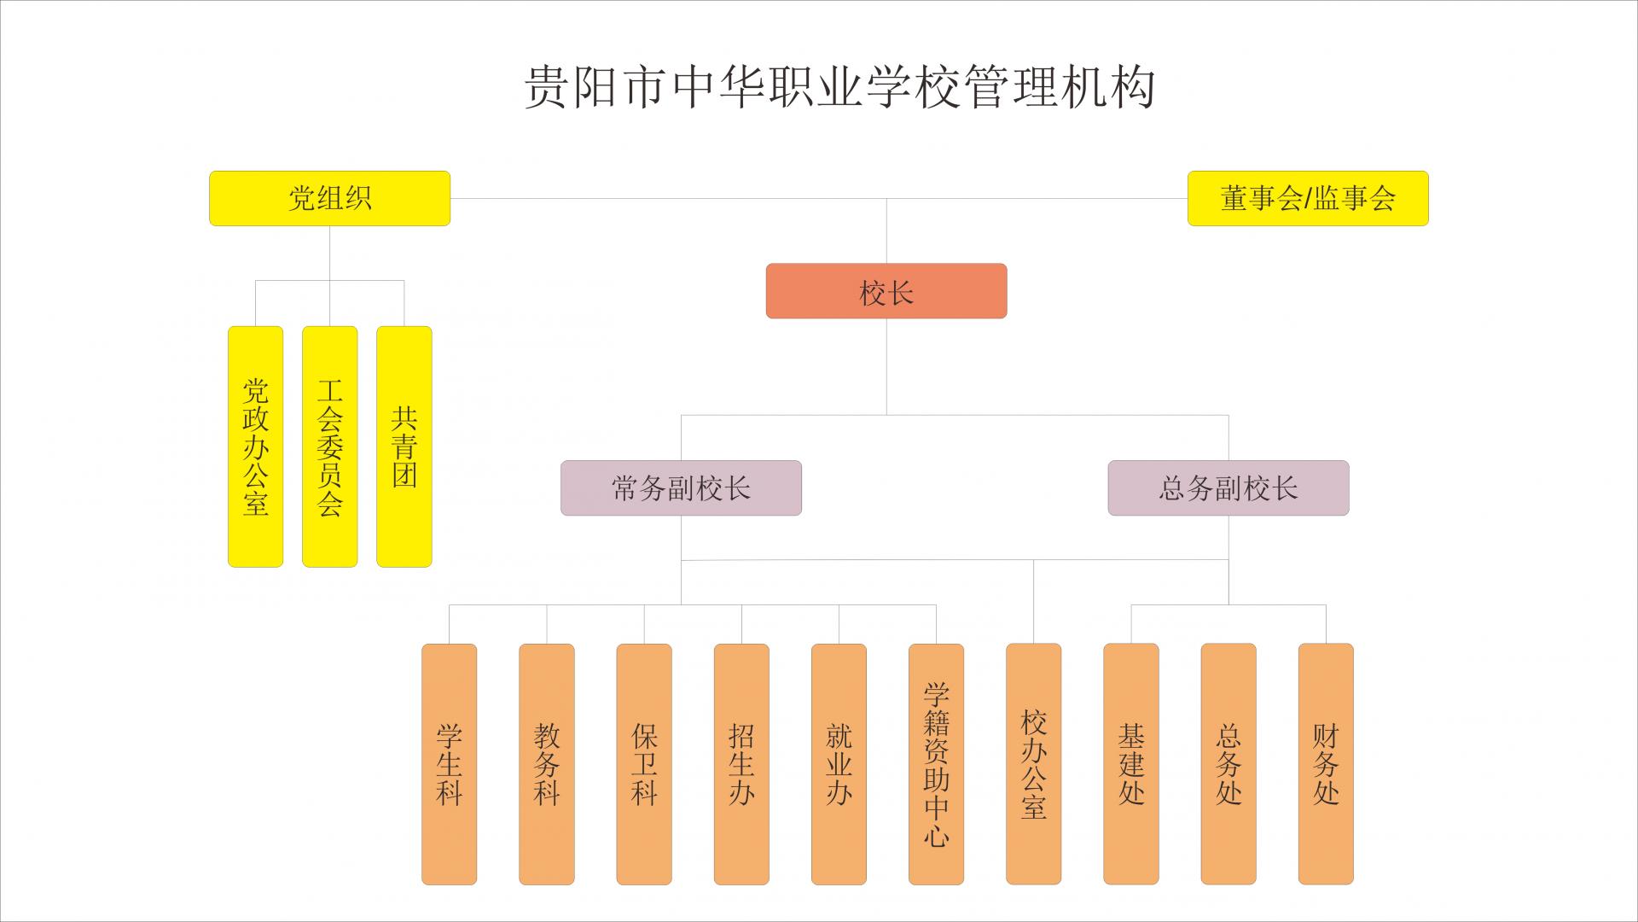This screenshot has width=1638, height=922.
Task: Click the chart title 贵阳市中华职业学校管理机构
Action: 839,87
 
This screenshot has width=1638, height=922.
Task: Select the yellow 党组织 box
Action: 329,198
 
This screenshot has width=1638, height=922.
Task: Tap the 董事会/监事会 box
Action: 1307,198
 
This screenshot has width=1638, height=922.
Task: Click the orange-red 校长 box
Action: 886,291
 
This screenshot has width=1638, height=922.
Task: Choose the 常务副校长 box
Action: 681,488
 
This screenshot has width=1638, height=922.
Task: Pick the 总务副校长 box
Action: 1228,488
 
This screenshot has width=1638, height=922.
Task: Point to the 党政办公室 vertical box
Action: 255,446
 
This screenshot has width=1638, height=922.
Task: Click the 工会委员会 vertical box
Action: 329,446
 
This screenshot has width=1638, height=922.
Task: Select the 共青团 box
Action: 404,446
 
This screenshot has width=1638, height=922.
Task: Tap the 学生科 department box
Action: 449,764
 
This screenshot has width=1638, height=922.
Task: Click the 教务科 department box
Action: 546,764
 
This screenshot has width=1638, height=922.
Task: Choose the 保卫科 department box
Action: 643,764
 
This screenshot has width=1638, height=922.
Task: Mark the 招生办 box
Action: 741,764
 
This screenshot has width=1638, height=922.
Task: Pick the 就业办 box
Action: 839,764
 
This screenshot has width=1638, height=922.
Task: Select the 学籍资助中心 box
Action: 936,764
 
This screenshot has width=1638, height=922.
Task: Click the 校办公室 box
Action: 1033,764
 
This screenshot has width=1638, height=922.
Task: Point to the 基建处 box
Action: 1130,764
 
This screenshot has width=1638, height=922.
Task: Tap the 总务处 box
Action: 1228,764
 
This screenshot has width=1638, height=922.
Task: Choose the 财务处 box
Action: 1325,764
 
